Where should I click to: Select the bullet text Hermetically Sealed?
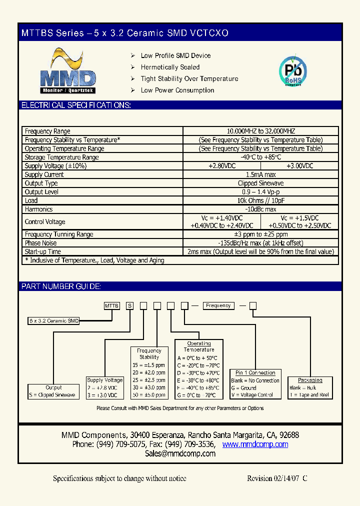tap(170, 67)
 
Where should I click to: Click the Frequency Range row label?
tap(47, 131)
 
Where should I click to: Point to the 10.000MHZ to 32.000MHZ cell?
tap(260, 131)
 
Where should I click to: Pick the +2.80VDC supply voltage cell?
tap(221, 166)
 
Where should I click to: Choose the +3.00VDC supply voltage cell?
tap(299, 166)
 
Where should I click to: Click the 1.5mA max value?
tap(260, 174)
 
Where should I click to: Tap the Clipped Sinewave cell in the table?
tap(260, 183)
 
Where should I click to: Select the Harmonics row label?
tap(38, 209)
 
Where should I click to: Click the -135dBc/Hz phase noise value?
tap(260, 243)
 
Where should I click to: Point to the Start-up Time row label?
tap(43, 251)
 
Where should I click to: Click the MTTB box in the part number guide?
tap(111, 305)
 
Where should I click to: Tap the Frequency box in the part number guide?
tap(218, 305)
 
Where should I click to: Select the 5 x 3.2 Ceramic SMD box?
tap(53, 321)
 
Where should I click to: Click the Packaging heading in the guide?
tap(310, 380)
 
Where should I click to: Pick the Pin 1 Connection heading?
tap(255, 373)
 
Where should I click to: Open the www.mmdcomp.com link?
tap(255, 444)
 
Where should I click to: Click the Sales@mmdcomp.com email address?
tap(180, 453)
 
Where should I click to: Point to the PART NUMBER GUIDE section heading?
tap(61, 286)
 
